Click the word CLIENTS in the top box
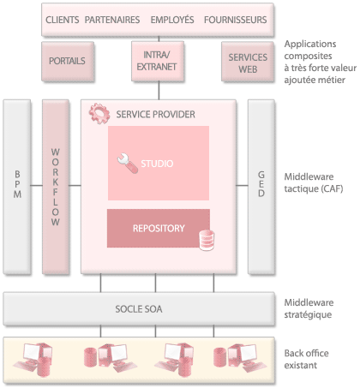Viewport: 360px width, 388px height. tap(63, 20)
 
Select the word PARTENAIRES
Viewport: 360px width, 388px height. tap(112, 20)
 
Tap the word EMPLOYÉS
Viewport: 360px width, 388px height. tap(172, 20)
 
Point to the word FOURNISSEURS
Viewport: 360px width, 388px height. tap(236, 20)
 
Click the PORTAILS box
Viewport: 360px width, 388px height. tap(68, 62)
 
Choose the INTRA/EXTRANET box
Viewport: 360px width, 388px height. tap(158, 61)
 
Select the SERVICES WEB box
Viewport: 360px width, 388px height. tap(248, 62)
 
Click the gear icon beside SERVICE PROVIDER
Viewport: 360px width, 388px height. tap(99, 114)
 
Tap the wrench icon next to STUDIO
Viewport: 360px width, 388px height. tap(128, 164)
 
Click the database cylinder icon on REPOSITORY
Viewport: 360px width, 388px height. tap(207, 241)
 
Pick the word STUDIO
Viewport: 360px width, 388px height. tap(157, 164)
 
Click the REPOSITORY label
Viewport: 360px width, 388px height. tap(159, 229)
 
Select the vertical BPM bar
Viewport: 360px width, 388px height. tap(17, 187)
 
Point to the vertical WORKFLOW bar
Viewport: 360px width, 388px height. tap(56, 187)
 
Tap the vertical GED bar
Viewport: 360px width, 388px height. tap(261, 187)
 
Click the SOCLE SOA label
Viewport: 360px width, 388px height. tap(139, 309)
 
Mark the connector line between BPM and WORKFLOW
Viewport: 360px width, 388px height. tap(37, 186)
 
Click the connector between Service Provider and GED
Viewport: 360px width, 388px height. tap(242, 186)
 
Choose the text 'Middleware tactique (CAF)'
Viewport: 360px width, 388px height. tap(314, 182)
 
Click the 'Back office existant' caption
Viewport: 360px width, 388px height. tap(306, 359)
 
